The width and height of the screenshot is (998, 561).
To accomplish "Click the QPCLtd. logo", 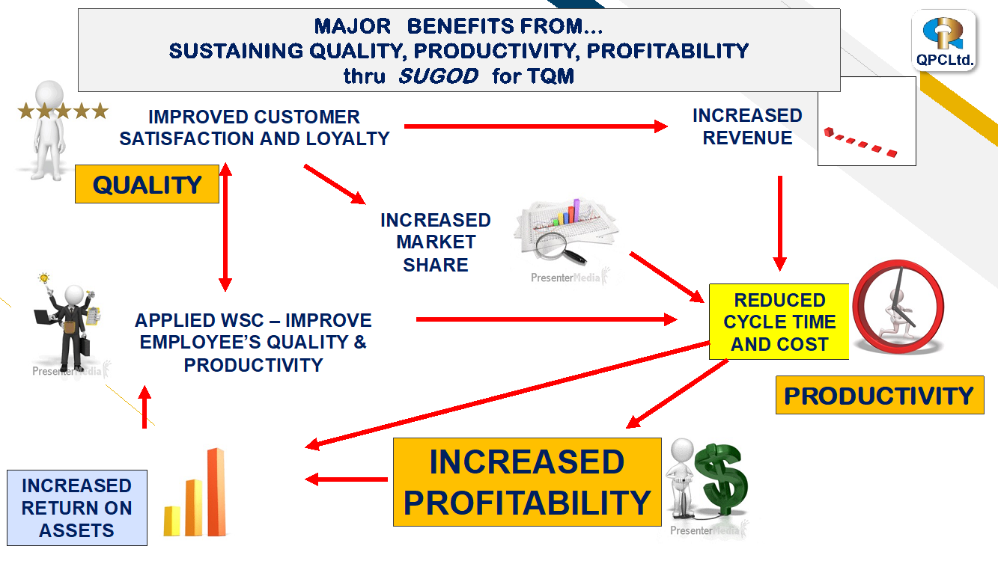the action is [943, 41].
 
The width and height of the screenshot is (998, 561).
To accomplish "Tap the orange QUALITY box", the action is [147, 184].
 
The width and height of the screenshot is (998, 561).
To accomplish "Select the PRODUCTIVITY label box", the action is [880, 396].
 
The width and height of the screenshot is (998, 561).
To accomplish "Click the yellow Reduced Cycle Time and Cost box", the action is [779, 322].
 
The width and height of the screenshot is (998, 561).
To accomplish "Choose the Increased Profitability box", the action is [527, 482].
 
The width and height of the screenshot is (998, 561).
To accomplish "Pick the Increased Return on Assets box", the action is [77, 508].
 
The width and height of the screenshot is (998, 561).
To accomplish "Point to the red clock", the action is [898, 307].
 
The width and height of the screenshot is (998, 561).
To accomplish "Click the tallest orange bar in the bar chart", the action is [216, 492].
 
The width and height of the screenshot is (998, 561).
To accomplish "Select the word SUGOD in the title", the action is [439, 76].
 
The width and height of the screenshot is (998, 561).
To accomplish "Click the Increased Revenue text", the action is [747, 127].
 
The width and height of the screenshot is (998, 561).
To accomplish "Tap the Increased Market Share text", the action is [435, 242].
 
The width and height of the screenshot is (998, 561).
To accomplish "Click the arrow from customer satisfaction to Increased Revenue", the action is [536, 126].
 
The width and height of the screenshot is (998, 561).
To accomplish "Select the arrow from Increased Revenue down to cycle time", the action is [779, 224].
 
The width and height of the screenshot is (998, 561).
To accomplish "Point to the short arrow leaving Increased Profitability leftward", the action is [346, 479].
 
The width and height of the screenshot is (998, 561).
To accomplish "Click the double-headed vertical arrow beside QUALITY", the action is [225, 227].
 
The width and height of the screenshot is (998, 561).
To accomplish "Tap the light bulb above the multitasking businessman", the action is [43, 279].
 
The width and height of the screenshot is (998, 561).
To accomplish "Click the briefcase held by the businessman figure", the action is [85, 346].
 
